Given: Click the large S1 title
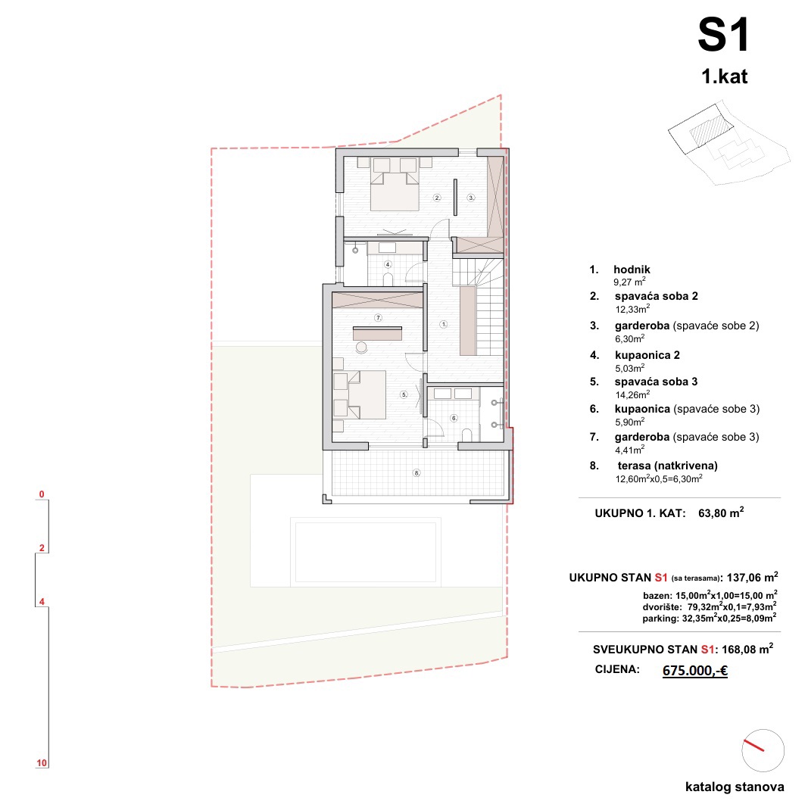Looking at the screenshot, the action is pyautogui.click(x=723, y=35).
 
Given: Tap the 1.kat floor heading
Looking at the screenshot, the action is pyautogui.click(x=724, y=76).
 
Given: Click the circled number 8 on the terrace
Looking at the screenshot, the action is pyautogui.click(x=416, y=473).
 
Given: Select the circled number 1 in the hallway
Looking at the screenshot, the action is pyautogui.click(x=444, y=325).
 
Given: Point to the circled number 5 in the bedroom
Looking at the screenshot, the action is pyautogui.click(x=404, y=394).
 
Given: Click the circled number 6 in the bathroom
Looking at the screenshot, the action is pyautogui.click(x=454, y=418).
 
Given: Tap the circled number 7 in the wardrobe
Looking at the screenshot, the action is pyautogui.click(x=378, y=318).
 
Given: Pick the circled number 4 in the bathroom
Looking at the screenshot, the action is pyautogui.click(x=388, y=264).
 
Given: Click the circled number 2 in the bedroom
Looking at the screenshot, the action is pyautogui.click(x=437, y=198).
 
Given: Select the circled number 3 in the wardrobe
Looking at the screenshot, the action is pyautogui.click(x=471, y=198).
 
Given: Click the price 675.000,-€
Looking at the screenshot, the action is pyautogui.click(x=694, y=671).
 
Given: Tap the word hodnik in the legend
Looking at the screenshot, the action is pyautogui.click(x=632, y=270).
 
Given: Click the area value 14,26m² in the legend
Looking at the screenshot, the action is pyautogui.click(x=632, y=395).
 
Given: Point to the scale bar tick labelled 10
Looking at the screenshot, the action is pyautogui.click(x=42, y=763).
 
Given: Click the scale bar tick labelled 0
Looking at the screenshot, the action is pyautogui.click(x=42, y=494).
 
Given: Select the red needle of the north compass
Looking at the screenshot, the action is pyautogui.click(x=753, y=745).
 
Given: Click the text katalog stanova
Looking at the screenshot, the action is pyautogui.click(x=735, y=787).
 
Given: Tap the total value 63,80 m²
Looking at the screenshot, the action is pyautogui.click(x=721, y=513).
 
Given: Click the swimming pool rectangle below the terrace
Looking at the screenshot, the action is pyautogui.click(x=365, y=552).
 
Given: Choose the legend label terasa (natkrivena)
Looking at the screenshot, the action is pyautogui.click(x=667, y=466).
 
